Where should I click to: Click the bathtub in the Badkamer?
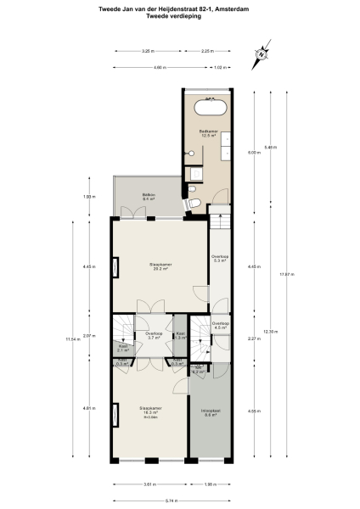(x=208, y=107)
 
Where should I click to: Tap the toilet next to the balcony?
(x=194, y=206)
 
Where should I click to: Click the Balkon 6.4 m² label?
(x=148, y=197)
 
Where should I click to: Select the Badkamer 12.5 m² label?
(x=209, y=133)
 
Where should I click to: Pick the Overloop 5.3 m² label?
(x=219, y=259)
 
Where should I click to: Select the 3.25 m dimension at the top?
(x=146, y=51)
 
